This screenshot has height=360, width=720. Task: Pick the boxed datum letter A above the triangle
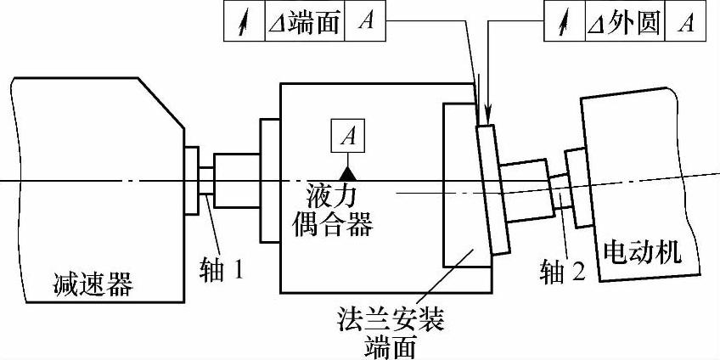(x=347, y=135)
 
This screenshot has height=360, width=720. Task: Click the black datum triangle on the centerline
(x=347, y=172)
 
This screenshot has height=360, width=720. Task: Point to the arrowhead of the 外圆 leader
(x=488, y=119)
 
